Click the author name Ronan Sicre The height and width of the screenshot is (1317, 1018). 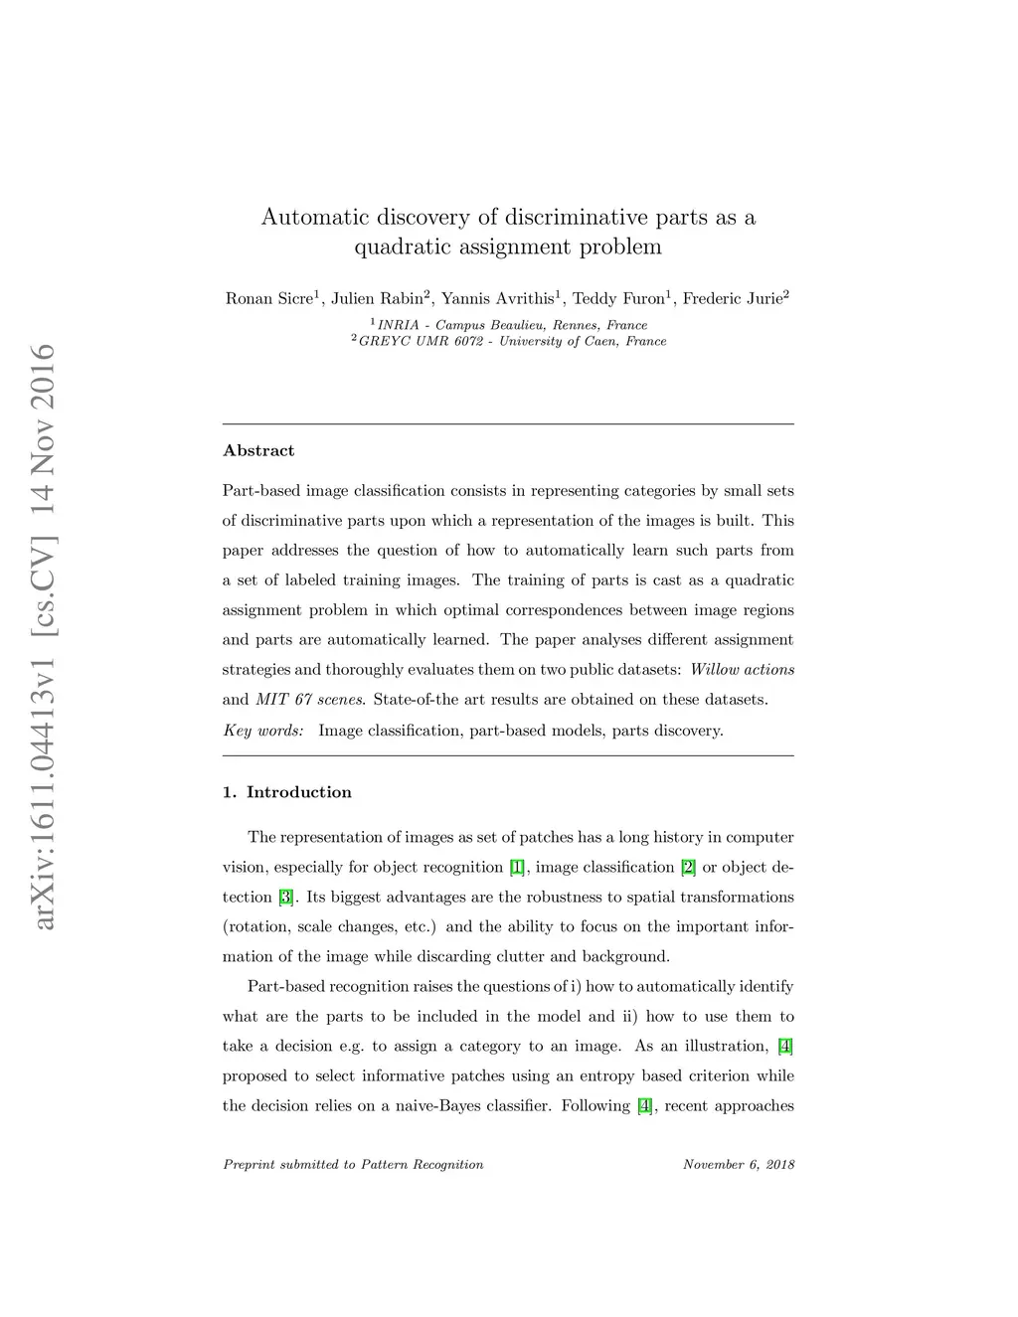[268, 299]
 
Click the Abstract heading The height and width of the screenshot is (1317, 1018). [258, 451]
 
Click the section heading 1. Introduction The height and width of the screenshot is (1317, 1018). [287, 792]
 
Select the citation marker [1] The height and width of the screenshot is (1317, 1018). [517, 868]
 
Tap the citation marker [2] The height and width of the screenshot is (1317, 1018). [688, 868]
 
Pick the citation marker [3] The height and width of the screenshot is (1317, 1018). [286, 898]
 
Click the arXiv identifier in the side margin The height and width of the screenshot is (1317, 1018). [45, 636]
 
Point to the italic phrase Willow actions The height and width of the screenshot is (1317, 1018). [742, 670]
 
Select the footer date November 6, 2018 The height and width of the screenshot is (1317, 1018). [739, 1165]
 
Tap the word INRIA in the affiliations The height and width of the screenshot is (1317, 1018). [398, 326]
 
